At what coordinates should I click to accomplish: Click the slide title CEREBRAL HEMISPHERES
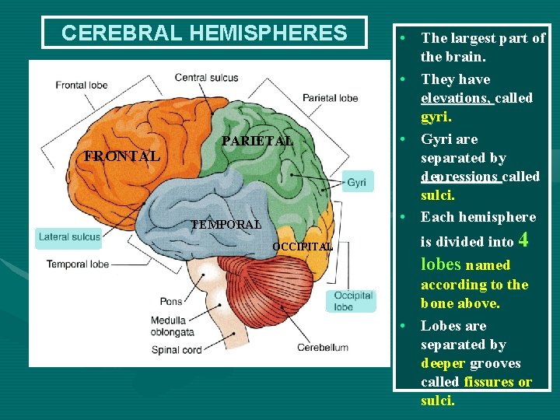[x=204, y=33]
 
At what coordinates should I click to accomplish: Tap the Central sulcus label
[x=206, y=77]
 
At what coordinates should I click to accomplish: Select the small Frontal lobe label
[x=81, y=85]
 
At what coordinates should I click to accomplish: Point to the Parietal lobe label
[x=331, y=98]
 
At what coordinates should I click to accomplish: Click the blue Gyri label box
[x=356, y=182]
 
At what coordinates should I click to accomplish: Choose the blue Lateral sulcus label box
[x=69, y=237]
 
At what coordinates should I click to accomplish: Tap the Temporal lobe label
[x=78, y=264]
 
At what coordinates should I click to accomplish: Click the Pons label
[x=170, y=301]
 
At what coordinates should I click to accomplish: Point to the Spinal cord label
[x=177, y=350]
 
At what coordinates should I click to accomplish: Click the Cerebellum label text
[x=322, y=349]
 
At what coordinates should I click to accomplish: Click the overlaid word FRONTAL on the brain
[x=122, y=156]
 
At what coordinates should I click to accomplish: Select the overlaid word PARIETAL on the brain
[x=257, y=142]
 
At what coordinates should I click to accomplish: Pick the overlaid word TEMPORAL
[x=226, y=225]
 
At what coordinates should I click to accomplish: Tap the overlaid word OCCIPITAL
[x=302, y=247]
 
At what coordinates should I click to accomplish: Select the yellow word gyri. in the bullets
[x=436, y=117]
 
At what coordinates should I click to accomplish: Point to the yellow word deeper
[x=443, y=363]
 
